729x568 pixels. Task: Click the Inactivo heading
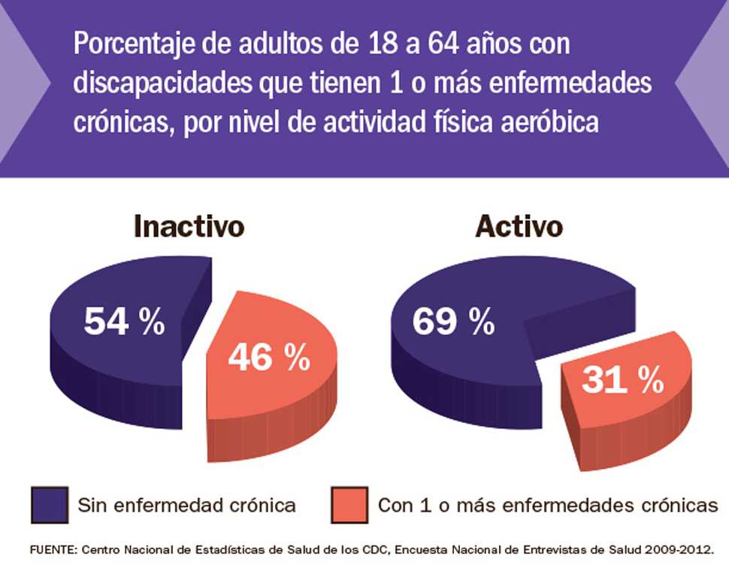pyautogui.click(x=189, y=226)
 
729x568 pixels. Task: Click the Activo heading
pyautogui.click(x=519, y=226)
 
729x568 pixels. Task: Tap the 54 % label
pyautogui.click(x=124, y=322)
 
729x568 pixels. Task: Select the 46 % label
pyautogui.click(x=269, y=358)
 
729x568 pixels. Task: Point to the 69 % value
pyautogui.click(x=453, y=322)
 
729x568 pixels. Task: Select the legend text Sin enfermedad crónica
pyautogui.click(x=186, y=505)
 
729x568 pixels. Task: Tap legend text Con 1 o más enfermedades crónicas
pyautogui.click(x=548, y=505)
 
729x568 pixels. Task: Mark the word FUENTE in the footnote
pyautogui.click(x=55, y=549)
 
